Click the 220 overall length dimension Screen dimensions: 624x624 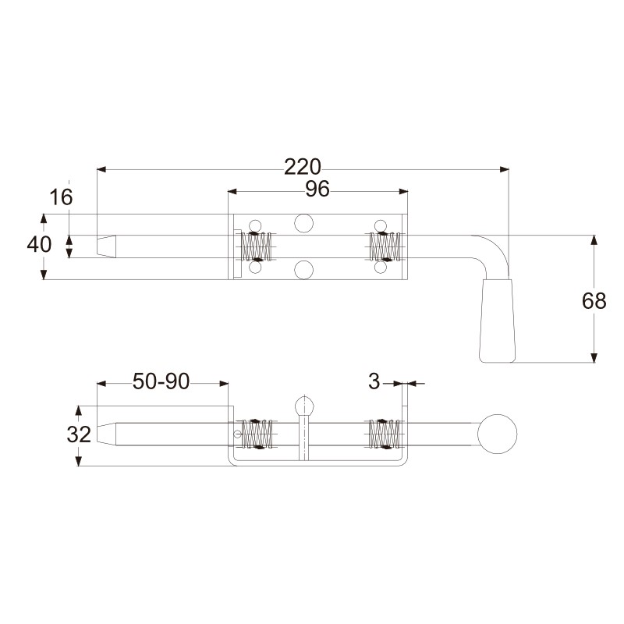[x=303, y=167]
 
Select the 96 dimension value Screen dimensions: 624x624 [x=317, y=189]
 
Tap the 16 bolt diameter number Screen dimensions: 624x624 [x=62, y=197]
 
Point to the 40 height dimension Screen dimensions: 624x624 [x=39, y=244]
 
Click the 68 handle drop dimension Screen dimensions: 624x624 [x=594, y=301]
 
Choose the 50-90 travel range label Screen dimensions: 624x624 [x=161, y=381]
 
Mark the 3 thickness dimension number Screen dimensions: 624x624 [x=374, y=381]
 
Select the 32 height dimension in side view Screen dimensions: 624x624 [x=79, y=434]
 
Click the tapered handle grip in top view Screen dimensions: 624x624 [x=498, y=321]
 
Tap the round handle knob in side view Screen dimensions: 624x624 [x=497, y=434]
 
